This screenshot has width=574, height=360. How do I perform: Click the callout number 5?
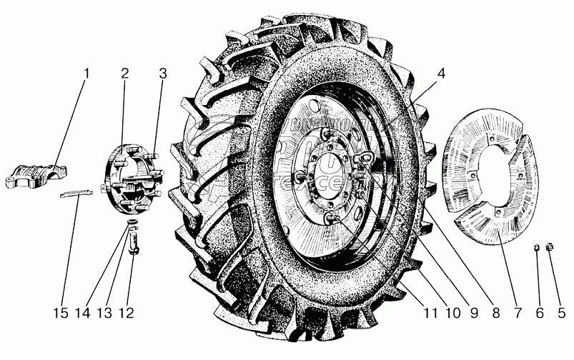pyautogui.click(x=561, y=312)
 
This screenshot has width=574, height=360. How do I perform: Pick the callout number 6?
pyautogui.click(x=540, y=312)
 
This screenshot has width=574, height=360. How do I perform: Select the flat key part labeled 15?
pyautogui.click(x=76, y=194)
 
